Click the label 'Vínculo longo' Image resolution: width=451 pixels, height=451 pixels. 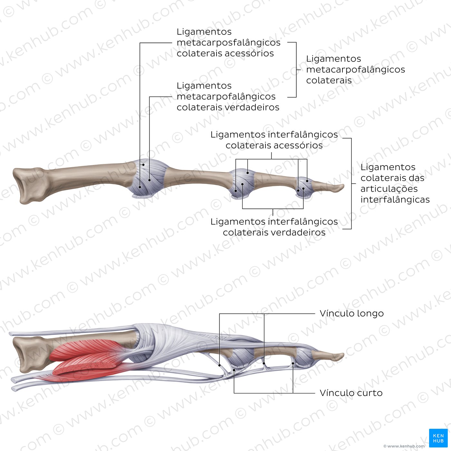tap(351, 314)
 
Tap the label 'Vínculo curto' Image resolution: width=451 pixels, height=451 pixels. tap(351, 393)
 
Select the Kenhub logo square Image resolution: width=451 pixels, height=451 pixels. tap(438, 438)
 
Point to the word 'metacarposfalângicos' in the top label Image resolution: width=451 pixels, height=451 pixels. tap(228, 43)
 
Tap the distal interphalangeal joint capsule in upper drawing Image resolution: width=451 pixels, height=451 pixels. tap(304, 187)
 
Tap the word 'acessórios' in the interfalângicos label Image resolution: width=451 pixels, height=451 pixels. tap(298, 146)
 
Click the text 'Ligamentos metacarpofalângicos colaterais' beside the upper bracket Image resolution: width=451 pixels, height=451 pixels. tap(356, 70)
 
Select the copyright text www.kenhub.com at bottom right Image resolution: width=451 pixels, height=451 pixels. tap(404, 446)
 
